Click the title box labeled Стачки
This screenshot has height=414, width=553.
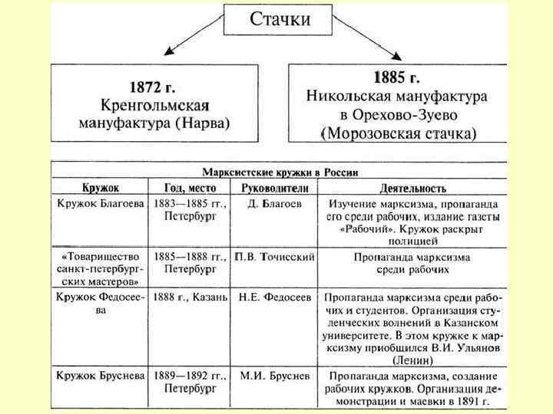point(280,20)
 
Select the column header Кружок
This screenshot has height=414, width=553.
point(101,188)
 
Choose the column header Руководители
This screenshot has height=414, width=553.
point(274,188)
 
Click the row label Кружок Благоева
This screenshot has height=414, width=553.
point(100,204)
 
